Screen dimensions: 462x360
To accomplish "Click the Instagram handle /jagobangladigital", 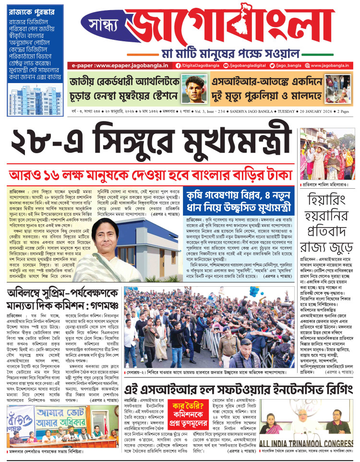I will pos(238,65).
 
